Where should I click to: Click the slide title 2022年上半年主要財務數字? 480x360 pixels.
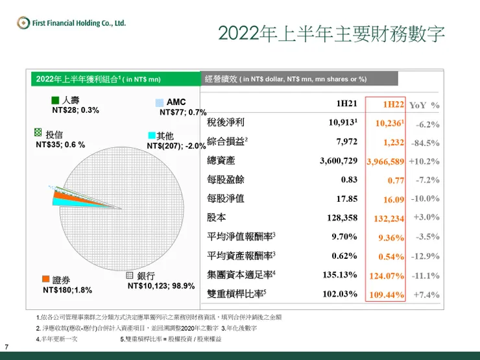[331, 34]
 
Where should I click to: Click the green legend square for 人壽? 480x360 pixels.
[55, 101]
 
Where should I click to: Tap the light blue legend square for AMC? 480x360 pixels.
[159, 103]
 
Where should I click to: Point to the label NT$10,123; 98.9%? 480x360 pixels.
[162, 285]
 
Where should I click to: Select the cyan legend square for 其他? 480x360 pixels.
[151, 136]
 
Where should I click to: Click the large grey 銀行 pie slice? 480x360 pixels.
[123, 208]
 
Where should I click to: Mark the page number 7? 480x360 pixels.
[6, 346]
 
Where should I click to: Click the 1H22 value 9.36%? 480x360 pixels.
[391, 237]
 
